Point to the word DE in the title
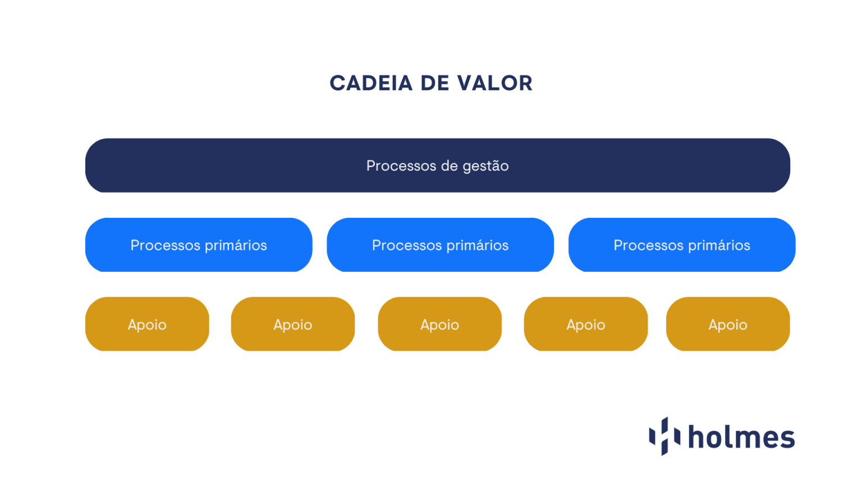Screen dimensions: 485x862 point(434,84)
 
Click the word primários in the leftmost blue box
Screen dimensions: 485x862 point(236,245)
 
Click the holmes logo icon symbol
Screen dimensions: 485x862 point(664,436)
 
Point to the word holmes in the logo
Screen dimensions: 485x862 point(741,437)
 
